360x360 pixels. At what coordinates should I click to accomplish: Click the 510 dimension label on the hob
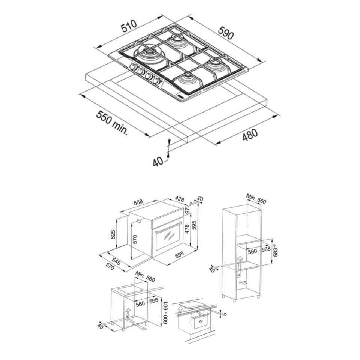click(x=129, y=26)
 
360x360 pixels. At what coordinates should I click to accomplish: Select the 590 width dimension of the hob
click(x=226, y=33)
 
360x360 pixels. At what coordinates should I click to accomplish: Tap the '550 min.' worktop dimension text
click(x=112, y=122)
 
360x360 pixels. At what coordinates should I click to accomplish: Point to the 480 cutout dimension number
click(x=250, y=135)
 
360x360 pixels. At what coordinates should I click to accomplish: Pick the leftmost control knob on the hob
click(x=133, y=67)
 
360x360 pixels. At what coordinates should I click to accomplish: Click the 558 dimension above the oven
click(x=138, y=202)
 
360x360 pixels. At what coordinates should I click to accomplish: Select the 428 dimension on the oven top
click(x=179, y=199)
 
